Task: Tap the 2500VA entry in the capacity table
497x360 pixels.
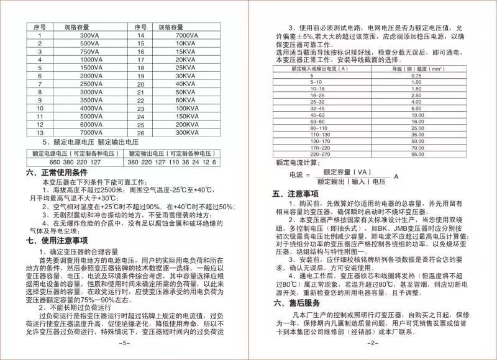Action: coord(90,83)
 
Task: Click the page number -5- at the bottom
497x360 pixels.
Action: coord(124,343)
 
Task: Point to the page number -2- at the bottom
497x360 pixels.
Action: coord(372,343)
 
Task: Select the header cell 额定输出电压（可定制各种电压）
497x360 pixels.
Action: coord(172,153)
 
